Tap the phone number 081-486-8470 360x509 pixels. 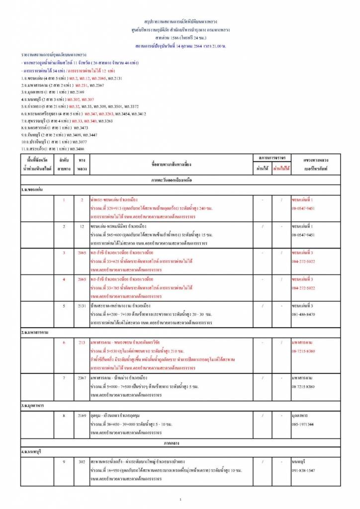click(x=303, y=314)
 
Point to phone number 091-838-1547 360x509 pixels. click(x=303, y=470)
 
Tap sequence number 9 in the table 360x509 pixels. click(x=64, y=462)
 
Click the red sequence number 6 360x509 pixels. click(x=64, y=342)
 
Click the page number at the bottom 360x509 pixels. click(x=180, y=499)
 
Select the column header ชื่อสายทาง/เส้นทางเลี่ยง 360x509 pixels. click(x=172, y=164)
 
